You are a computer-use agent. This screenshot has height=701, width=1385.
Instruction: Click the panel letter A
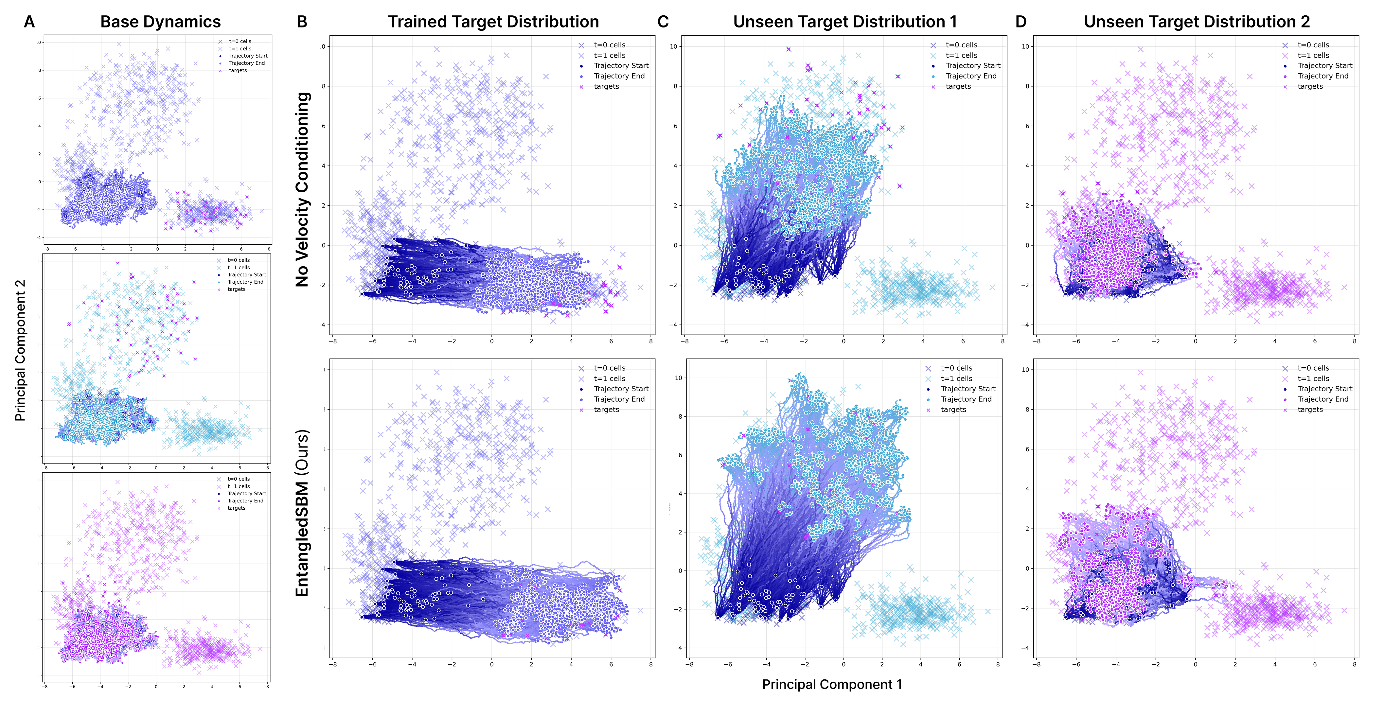point(29,22)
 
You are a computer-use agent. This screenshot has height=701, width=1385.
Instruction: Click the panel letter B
point(302,22)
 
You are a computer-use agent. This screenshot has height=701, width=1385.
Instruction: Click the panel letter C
point(663,22)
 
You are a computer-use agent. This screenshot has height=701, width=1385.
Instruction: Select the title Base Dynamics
point(160,22)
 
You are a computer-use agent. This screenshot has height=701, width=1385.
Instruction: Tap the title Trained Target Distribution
point(493,22)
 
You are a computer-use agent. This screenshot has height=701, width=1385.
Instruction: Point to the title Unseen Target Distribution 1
point(845,22)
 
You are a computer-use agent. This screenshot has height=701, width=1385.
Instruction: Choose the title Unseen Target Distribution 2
point(1197,22)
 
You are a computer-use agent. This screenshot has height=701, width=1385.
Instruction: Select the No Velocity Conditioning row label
point(303,189)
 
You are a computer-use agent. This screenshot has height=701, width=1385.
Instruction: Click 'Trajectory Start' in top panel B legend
point(621,65)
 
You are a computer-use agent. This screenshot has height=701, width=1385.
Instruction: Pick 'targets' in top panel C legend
point(958,87)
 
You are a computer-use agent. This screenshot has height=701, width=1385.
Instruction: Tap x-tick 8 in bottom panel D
point(1354,664)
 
